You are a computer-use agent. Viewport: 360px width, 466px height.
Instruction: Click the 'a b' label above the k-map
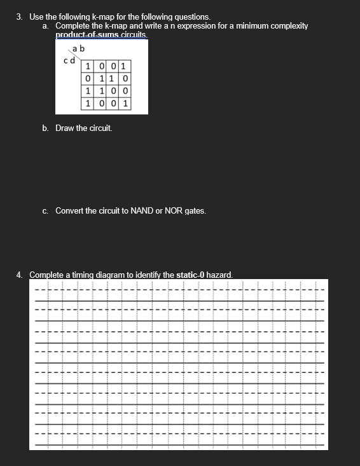[x=79, y=49]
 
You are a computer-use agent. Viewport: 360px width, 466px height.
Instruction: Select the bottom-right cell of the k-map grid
[x=126, y=103]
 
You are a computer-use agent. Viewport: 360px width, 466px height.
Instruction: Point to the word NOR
[x=174, y=210]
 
